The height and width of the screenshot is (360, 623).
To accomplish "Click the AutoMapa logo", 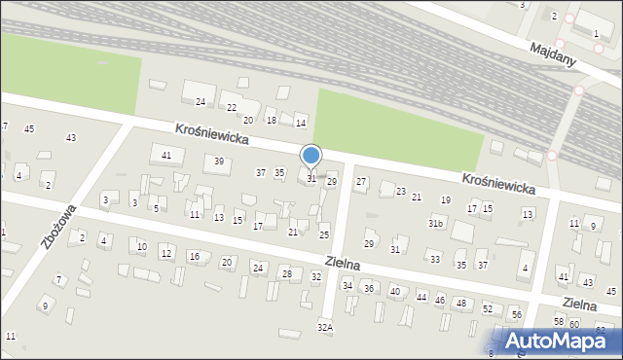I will [558, 342].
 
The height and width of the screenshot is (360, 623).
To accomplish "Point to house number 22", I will [232, 107].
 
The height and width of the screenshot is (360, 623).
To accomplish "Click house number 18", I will [272, 120].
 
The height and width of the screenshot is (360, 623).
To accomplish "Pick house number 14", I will [301, 123].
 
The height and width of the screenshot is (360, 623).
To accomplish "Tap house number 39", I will [219, 162].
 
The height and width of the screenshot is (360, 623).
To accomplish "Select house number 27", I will [360, 182].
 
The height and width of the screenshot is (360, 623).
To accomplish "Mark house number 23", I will [400, 192].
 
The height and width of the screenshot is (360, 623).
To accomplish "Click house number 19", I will [446, 199].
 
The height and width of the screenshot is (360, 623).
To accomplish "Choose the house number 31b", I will [436, 224].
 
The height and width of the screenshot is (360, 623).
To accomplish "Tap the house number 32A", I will [325, 328].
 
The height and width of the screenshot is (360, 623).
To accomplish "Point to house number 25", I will [324, 234].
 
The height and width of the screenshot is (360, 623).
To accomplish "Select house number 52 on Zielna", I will [488, 308].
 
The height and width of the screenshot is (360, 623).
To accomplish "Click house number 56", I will [517, 315].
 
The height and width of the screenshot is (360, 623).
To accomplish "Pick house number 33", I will [435, 259].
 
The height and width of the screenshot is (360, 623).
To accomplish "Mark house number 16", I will [194, 257].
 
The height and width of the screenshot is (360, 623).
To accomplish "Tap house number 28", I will [286, 274].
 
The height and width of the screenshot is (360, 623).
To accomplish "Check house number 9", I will [44, 306].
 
